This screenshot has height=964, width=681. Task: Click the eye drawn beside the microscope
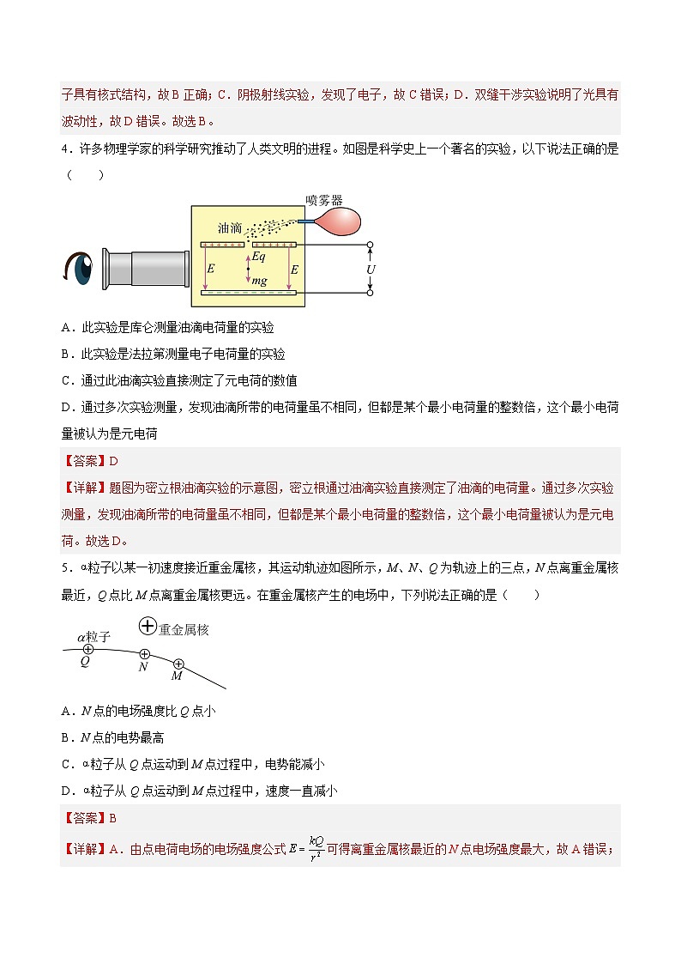79,267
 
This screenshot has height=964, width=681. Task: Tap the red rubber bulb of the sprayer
335,221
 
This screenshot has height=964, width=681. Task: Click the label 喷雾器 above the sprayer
324,199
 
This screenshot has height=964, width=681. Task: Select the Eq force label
258,257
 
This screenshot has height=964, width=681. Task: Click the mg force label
259,281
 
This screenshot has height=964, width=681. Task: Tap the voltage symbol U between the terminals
371,269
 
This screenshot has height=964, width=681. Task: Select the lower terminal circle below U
371,293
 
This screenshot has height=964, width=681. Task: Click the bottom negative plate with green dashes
249,294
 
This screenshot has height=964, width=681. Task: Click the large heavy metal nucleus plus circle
148,628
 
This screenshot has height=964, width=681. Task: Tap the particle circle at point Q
87,649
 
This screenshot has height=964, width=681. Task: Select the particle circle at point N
144,654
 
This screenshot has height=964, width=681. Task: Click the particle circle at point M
178,664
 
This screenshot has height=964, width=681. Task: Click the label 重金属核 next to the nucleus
184,629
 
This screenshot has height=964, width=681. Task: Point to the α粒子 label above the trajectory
93,636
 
